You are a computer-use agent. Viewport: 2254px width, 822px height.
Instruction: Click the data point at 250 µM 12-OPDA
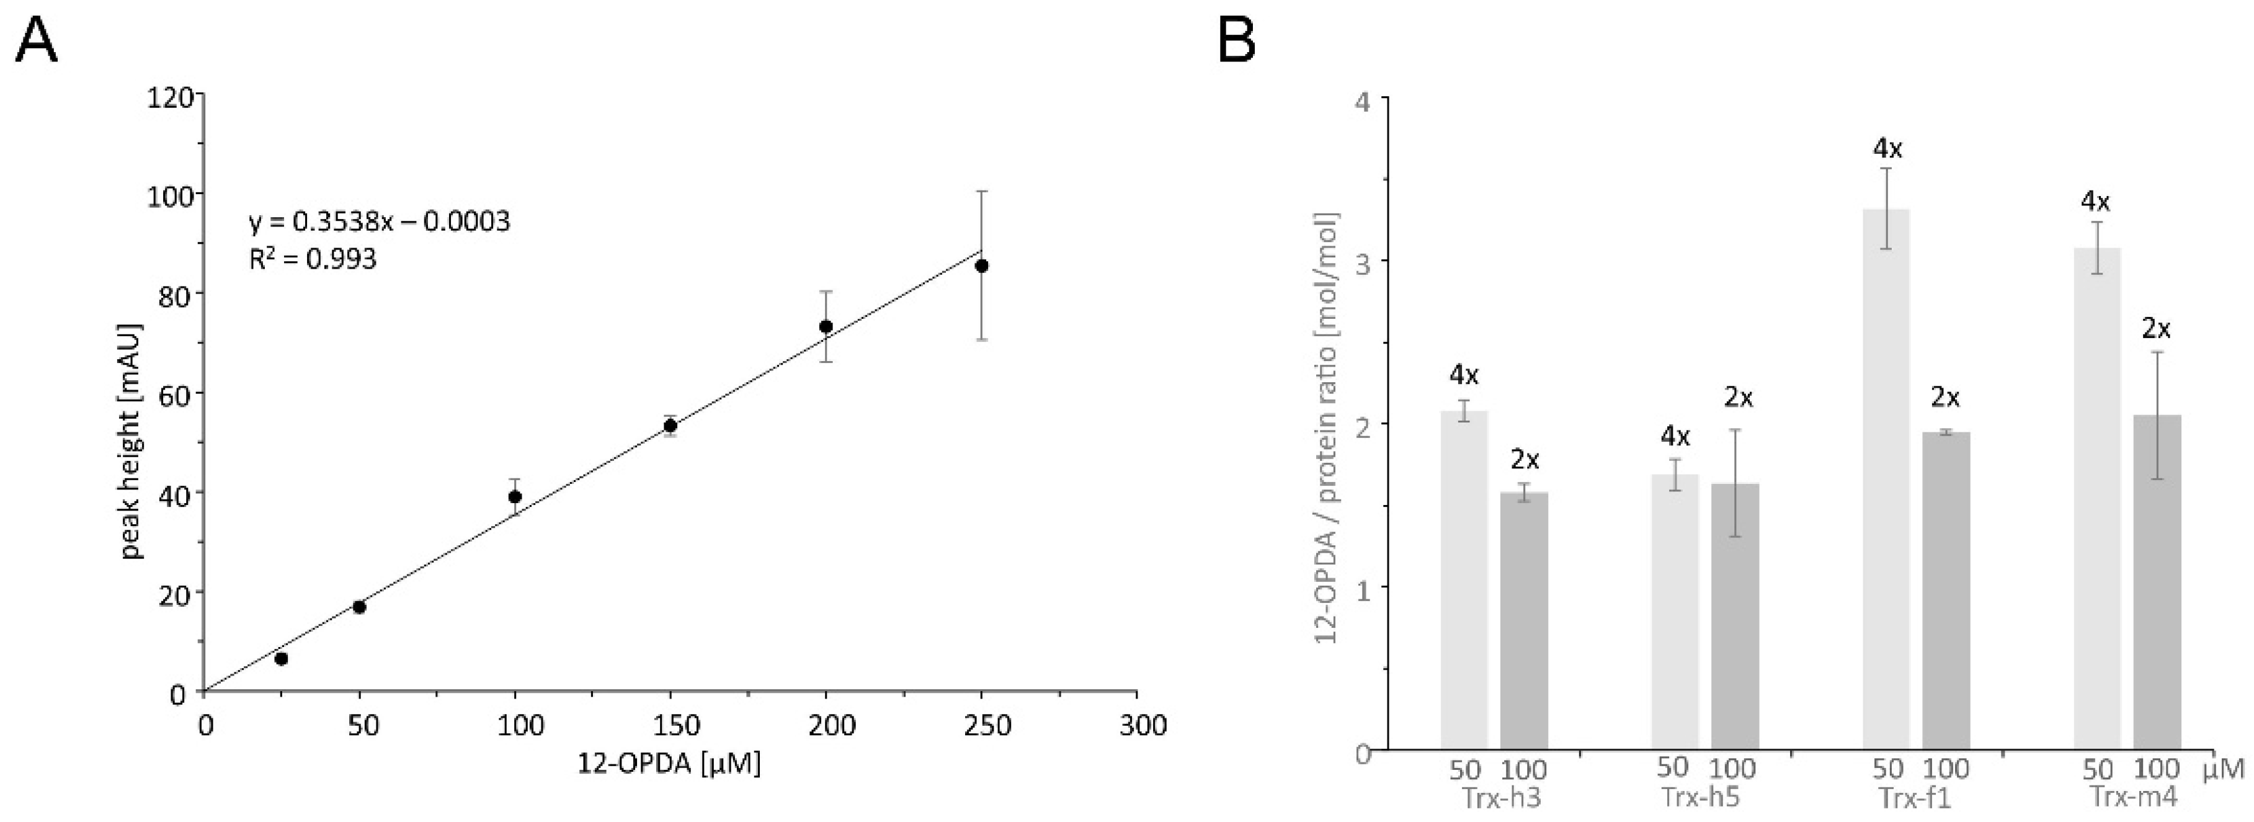982,266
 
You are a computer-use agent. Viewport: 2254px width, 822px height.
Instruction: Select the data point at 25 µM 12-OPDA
281,658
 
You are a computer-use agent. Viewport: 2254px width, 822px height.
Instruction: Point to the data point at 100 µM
515,496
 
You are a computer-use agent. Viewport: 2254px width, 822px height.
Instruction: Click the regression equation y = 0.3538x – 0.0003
379,221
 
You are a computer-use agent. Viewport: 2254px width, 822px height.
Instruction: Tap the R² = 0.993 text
313,259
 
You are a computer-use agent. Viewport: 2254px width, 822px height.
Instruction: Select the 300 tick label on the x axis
1136,726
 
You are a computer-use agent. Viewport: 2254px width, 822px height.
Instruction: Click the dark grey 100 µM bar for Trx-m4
2156,581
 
